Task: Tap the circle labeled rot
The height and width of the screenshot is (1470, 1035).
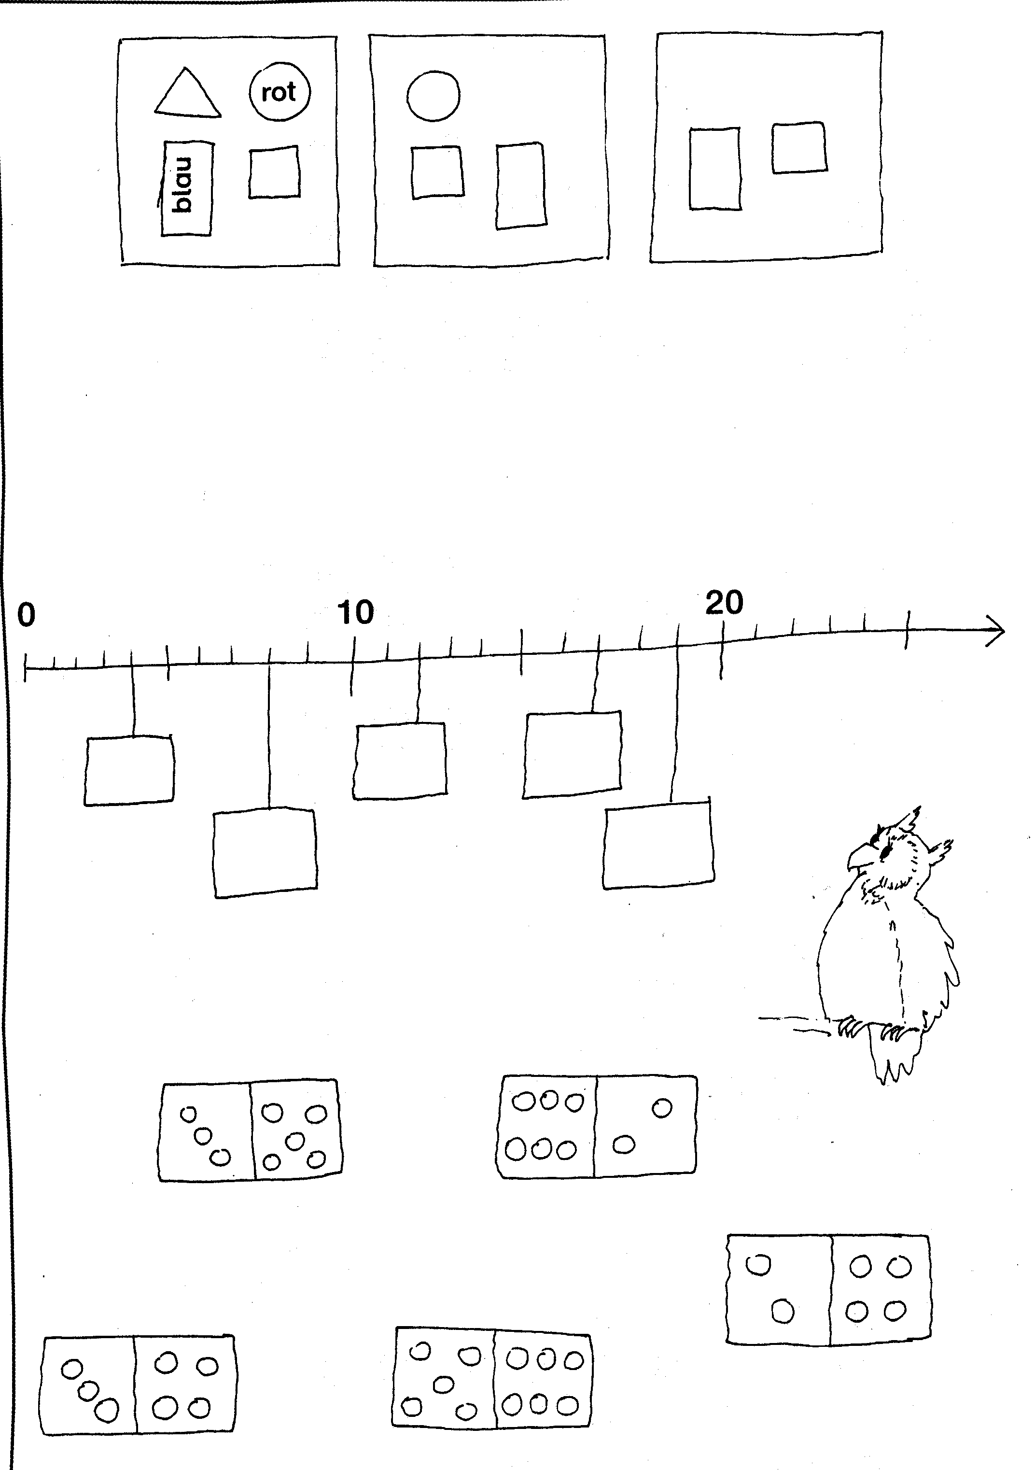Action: point(279,92)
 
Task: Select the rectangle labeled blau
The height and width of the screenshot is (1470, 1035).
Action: point(187,188)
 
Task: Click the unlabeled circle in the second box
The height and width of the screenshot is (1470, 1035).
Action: point(434,96)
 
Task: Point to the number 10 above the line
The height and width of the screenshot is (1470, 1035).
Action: point(355,613)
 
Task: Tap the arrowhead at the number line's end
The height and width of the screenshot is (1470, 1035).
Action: point(996,631)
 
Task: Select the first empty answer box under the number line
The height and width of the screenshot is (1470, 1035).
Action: point(129,770)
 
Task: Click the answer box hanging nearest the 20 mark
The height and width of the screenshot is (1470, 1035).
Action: point(658,845)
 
